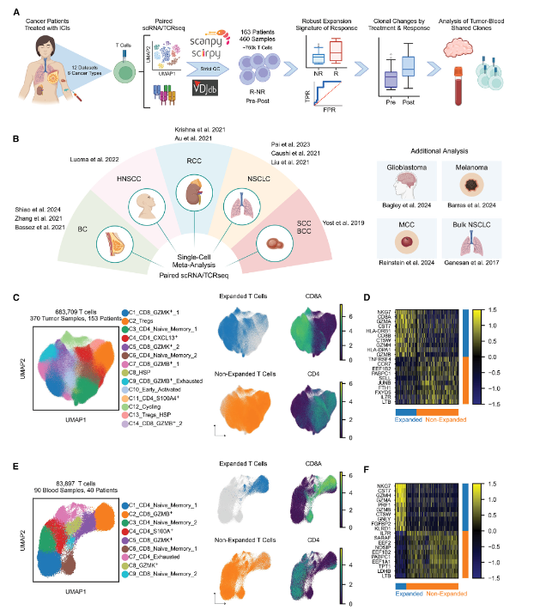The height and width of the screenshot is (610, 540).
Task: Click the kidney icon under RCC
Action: click(191, 189)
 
